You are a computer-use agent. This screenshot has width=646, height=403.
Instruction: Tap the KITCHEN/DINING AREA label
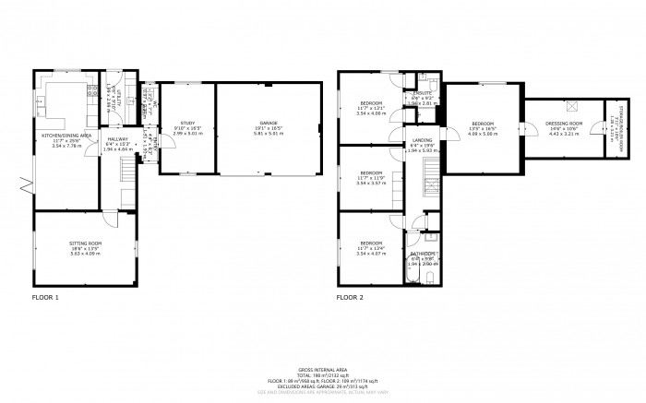65,135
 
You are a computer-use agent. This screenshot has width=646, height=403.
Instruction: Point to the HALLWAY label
115,138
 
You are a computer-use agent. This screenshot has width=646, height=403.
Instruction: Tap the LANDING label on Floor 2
420,139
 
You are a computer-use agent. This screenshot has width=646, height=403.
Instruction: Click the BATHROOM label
424,254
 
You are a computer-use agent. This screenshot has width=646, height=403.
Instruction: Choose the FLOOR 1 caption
45,298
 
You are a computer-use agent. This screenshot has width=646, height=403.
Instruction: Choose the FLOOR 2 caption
350,298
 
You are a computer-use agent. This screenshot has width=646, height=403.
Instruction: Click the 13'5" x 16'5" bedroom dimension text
484,128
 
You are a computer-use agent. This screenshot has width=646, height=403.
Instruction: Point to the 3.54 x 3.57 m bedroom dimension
372,183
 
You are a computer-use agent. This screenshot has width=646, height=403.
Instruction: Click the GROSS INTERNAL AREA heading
323,366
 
